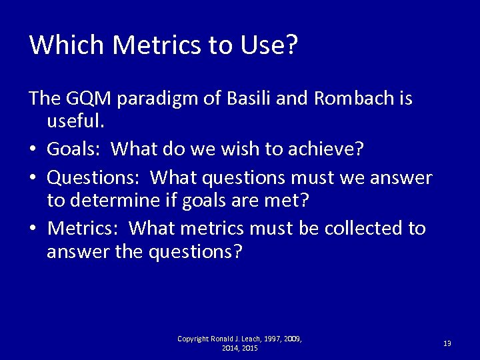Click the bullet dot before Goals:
34,150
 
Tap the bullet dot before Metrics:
34,229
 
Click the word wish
234,150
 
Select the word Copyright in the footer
193,339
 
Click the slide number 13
447,343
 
